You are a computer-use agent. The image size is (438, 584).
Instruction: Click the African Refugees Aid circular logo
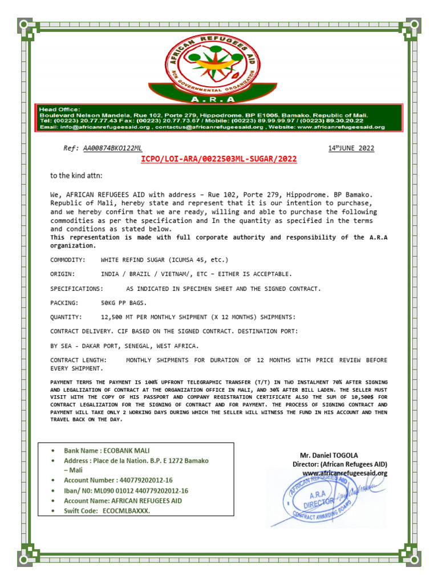point(219,62)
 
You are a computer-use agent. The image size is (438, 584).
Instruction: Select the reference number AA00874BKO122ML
point(112,148)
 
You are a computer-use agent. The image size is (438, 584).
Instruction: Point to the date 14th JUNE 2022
point(351,148)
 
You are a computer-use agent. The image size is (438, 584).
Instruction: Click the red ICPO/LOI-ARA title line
point(219,159)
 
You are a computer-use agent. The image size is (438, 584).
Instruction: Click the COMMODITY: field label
point(68,259)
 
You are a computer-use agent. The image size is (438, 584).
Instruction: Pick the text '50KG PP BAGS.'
point(123,303)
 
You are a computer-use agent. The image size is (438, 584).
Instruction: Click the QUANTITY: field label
point(66,317)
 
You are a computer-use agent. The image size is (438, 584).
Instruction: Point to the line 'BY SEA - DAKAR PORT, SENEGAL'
point(125,346)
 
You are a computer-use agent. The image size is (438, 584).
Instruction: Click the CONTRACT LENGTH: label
point(78,360)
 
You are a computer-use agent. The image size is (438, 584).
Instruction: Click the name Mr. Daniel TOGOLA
point(329,455)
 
